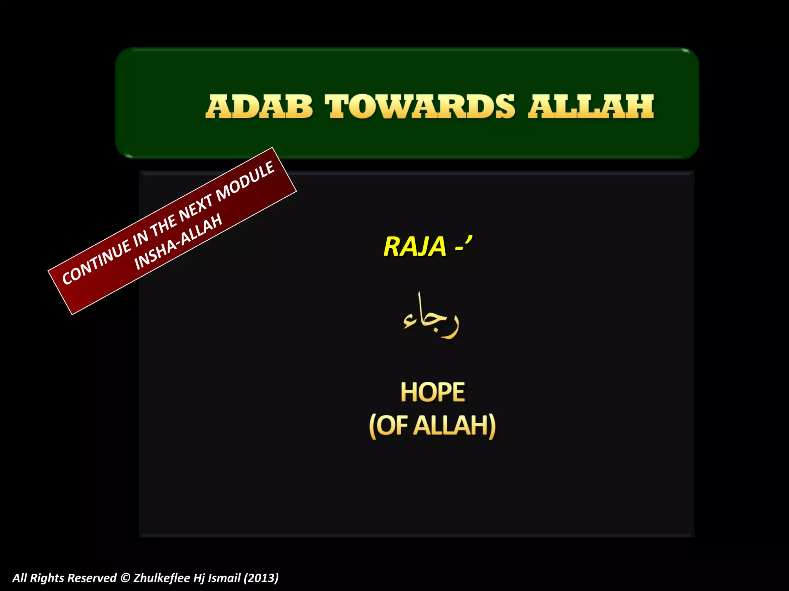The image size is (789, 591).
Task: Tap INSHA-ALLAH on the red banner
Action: [x=178, y=242]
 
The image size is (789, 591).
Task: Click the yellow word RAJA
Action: [x=415, y=246]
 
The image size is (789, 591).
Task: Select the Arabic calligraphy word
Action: [x=431, y=316]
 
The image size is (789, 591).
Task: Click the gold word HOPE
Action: [x=433, y=392]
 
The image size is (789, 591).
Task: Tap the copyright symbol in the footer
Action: [x=125, y=578]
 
